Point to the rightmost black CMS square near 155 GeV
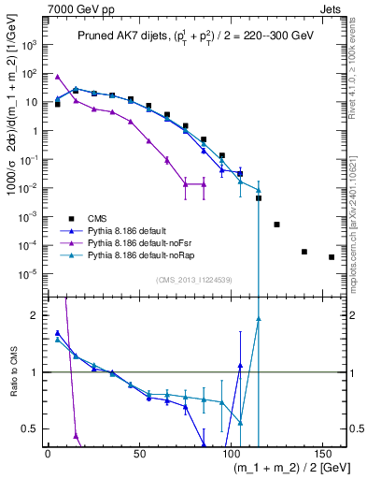point(332,256)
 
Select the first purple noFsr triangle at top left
point(58,77)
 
